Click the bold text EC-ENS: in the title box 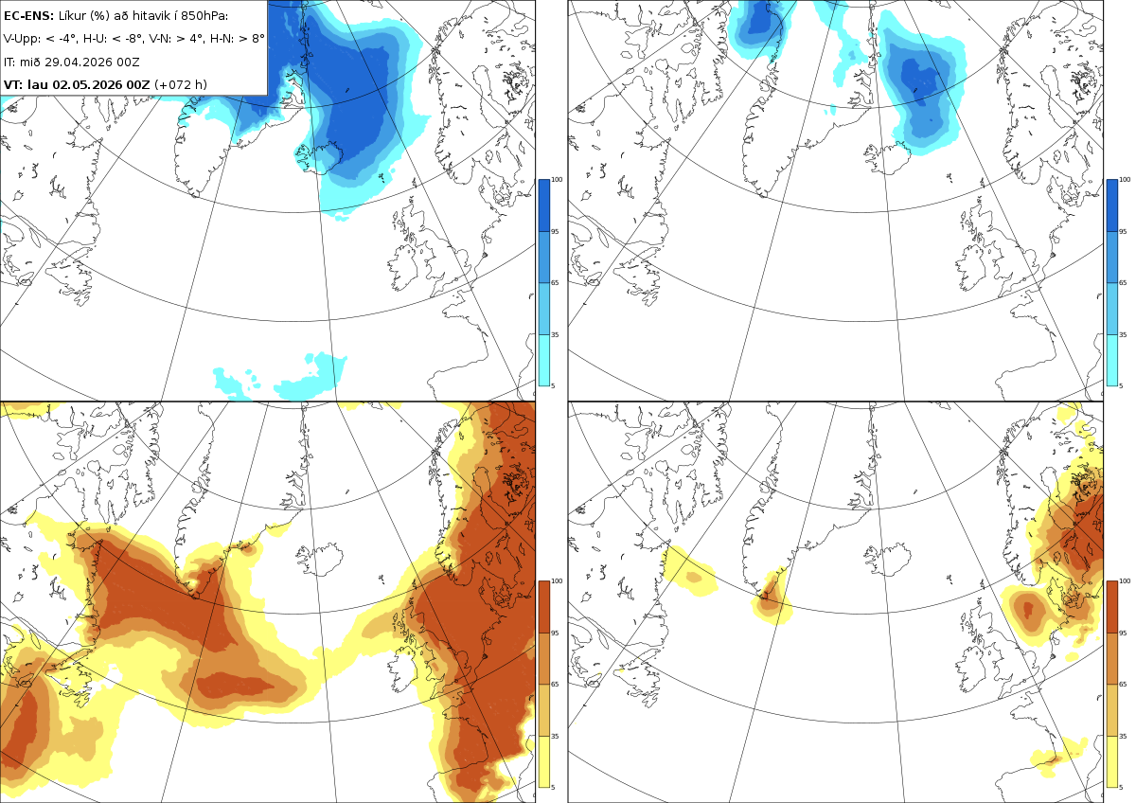coord(28,16)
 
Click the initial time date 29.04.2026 coord(78,62)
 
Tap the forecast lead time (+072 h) coord(181,84)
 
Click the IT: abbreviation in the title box coord(9,62)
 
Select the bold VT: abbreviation coord(12,84)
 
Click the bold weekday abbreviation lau coord(38,84)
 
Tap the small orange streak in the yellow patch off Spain coord(1052,759)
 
